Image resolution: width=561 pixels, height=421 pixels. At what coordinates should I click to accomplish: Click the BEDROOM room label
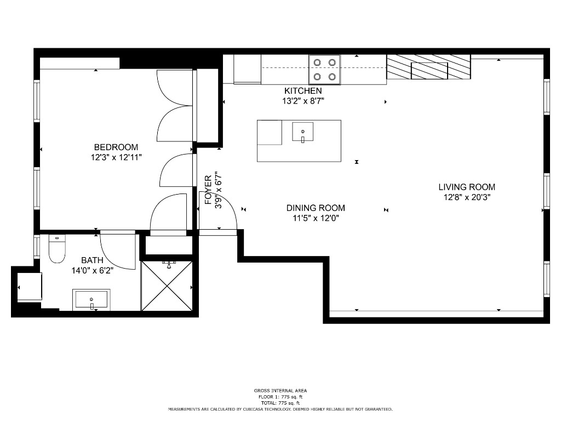(x=116, y=147)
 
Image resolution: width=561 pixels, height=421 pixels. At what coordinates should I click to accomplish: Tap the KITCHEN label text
(x=303, y=90)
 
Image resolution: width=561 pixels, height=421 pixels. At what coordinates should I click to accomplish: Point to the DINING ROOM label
(x=316, y=208)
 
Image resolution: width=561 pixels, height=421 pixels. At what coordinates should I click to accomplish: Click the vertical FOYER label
(x=208, y=190)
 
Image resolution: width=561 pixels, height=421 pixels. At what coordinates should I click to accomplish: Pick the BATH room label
(x=92, y=260)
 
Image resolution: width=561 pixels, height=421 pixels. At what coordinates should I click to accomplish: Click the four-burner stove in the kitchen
(x=324, y=70)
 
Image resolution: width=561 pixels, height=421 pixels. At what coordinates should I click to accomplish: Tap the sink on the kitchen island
(x=302, y=132)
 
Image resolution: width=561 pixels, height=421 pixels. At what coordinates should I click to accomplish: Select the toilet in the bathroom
(x=57, y=249)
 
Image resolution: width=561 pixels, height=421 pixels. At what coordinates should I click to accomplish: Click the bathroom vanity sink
(x=91, y=299)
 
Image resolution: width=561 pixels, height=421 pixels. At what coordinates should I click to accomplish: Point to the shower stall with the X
(x=167, y=287)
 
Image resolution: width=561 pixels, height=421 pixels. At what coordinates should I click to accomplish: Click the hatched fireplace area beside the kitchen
(x=429, y=67)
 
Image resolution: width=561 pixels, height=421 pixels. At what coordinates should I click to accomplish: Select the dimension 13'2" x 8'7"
(x=303, y=101)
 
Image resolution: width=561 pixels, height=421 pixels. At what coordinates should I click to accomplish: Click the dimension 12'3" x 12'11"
(x=116, y=157)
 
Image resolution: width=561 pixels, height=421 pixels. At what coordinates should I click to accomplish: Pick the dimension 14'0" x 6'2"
(x=92, y=270)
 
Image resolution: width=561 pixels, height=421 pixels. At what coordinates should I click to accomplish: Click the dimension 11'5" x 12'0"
(x=316, y=218)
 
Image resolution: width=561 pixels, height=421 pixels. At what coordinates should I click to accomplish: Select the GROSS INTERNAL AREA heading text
(x=280, y=390)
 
